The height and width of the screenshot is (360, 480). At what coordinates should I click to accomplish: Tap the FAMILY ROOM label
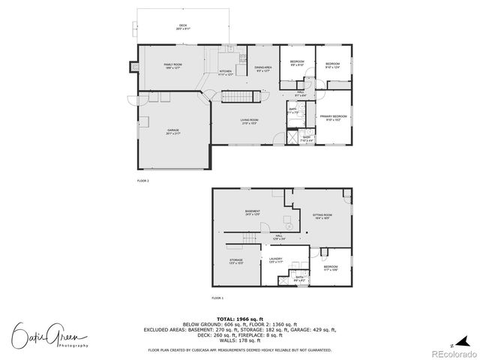click(173, 66)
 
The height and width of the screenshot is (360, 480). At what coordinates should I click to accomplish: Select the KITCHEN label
click(226, 72)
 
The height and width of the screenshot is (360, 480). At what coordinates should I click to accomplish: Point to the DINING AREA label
click(263, 69)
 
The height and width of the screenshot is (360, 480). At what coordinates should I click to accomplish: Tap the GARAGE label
click(173, 132)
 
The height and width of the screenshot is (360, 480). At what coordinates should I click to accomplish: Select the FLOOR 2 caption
click(142, 181)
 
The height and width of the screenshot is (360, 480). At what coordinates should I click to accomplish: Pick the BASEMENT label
click(252, 212)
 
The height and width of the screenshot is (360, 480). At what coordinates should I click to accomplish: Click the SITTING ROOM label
click(322, 217)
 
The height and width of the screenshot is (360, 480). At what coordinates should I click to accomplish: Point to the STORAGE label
click(236, 261)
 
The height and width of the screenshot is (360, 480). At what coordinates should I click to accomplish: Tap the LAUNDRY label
click(275, 261)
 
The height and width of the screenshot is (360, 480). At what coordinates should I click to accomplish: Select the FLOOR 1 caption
click(216, 298)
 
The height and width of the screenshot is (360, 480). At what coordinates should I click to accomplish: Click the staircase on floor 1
click(241, 238)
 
